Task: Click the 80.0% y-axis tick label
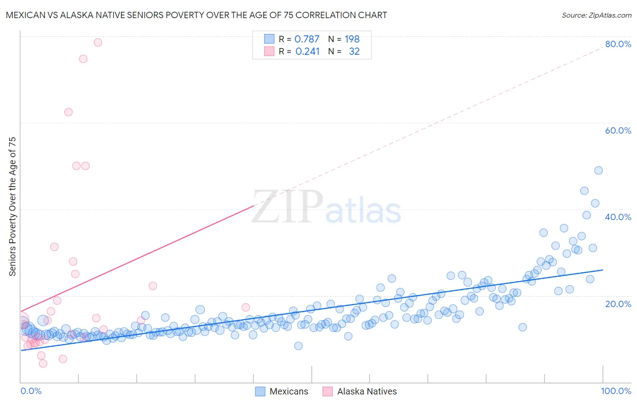coord(618,44)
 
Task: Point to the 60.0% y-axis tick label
coord(618,130)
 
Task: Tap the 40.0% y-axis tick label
coord(618,217)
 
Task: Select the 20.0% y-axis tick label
coord(618,304)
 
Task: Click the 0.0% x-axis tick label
coord(31,391)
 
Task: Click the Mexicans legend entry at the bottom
coord(281,391)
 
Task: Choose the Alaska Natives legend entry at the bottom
coord(359,391)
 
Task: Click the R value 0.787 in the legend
coord(307,39)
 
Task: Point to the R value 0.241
coord(307,52)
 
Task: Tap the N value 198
coord(352,39)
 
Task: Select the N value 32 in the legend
coord(354,52)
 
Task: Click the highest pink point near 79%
coord(98,43)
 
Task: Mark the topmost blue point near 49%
coord(598,170)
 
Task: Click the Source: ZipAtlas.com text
coord(596,15)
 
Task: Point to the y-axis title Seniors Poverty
coord(12,206)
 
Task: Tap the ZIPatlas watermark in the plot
coord(326,207)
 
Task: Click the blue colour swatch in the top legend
coord(269,39)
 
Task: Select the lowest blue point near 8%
coord(298,346)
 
